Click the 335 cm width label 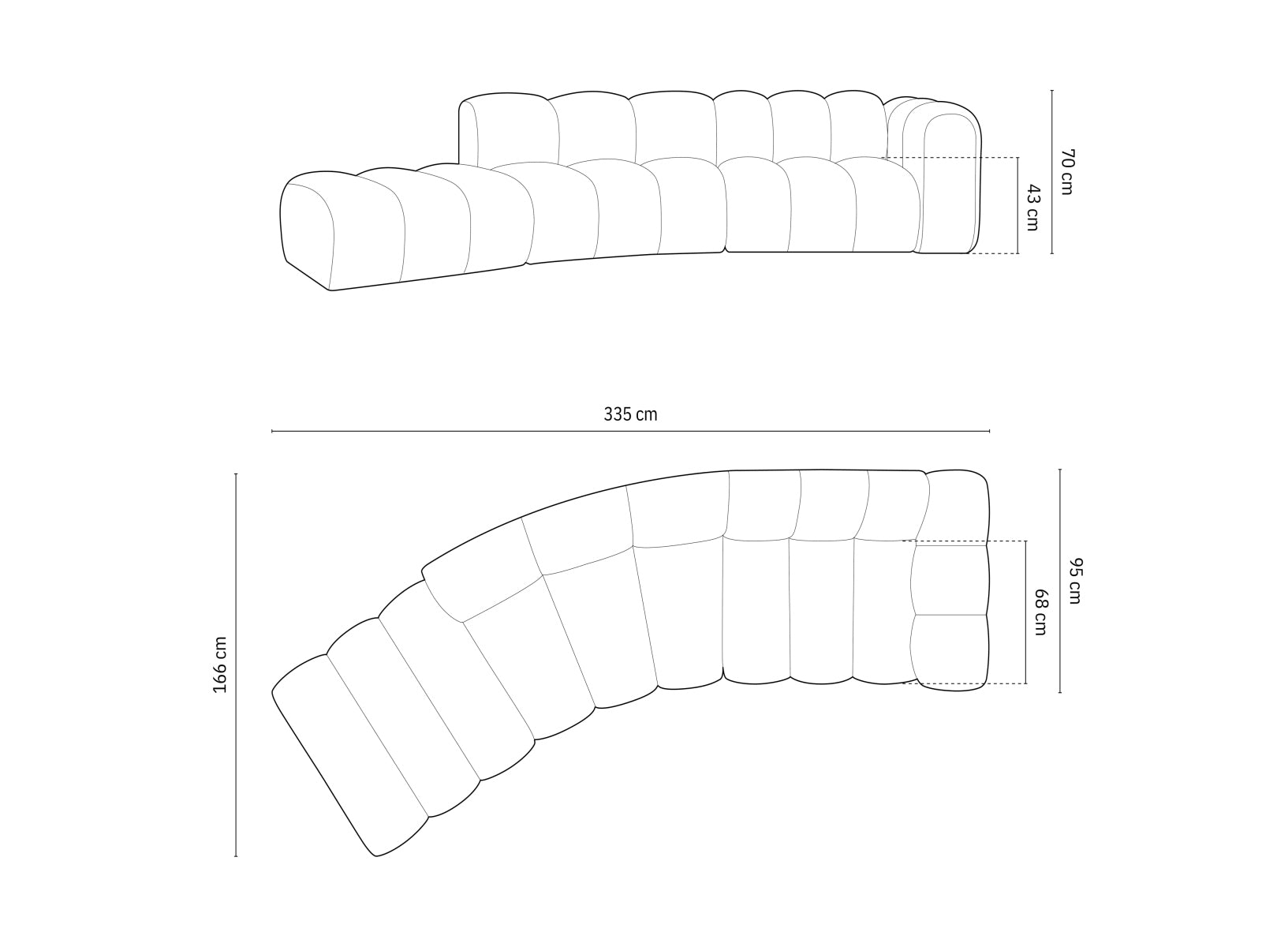point(630,414)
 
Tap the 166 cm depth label point(220,664)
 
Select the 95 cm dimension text point(1074,581)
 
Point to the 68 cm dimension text point(1040,612)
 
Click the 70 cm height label point(1066,171)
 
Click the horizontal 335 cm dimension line point(630,432)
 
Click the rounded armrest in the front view point(950,182)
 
